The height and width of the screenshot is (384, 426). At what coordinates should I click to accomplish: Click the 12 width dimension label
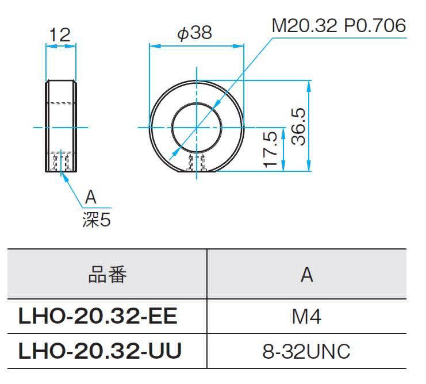point(60,34)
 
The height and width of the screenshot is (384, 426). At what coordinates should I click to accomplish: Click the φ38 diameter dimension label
point(194,33)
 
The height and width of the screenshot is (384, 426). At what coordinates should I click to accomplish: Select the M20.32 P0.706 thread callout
point(339,26)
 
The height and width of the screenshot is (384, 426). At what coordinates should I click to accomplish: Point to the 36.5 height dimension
point(298,126)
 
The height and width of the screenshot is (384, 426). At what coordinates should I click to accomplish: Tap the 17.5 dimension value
point(271,149)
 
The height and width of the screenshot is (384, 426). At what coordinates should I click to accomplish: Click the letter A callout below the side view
point(91,197)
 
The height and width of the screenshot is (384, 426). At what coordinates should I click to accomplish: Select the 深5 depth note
point(97,220)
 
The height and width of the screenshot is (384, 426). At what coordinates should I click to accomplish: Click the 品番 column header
point(108,275)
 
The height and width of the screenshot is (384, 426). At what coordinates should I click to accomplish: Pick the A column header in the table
point(307,275)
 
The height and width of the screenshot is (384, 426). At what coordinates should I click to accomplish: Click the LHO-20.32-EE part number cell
point(98,316)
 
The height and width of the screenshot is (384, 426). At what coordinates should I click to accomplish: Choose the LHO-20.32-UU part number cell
point(100,351)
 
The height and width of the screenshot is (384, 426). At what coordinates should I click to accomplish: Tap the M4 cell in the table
point(306,316)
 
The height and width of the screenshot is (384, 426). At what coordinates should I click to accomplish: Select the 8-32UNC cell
point(306,351)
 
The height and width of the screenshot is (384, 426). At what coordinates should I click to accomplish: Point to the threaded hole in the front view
point(197,163)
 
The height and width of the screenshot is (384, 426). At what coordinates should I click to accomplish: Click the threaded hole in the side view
point(61,162)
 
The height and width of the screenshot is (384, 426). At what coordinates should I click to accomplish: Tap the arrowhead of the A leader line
point(64,175)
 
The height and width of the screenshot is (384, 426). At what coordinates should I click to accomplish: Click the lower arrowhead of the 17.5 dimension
point(283,166)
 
